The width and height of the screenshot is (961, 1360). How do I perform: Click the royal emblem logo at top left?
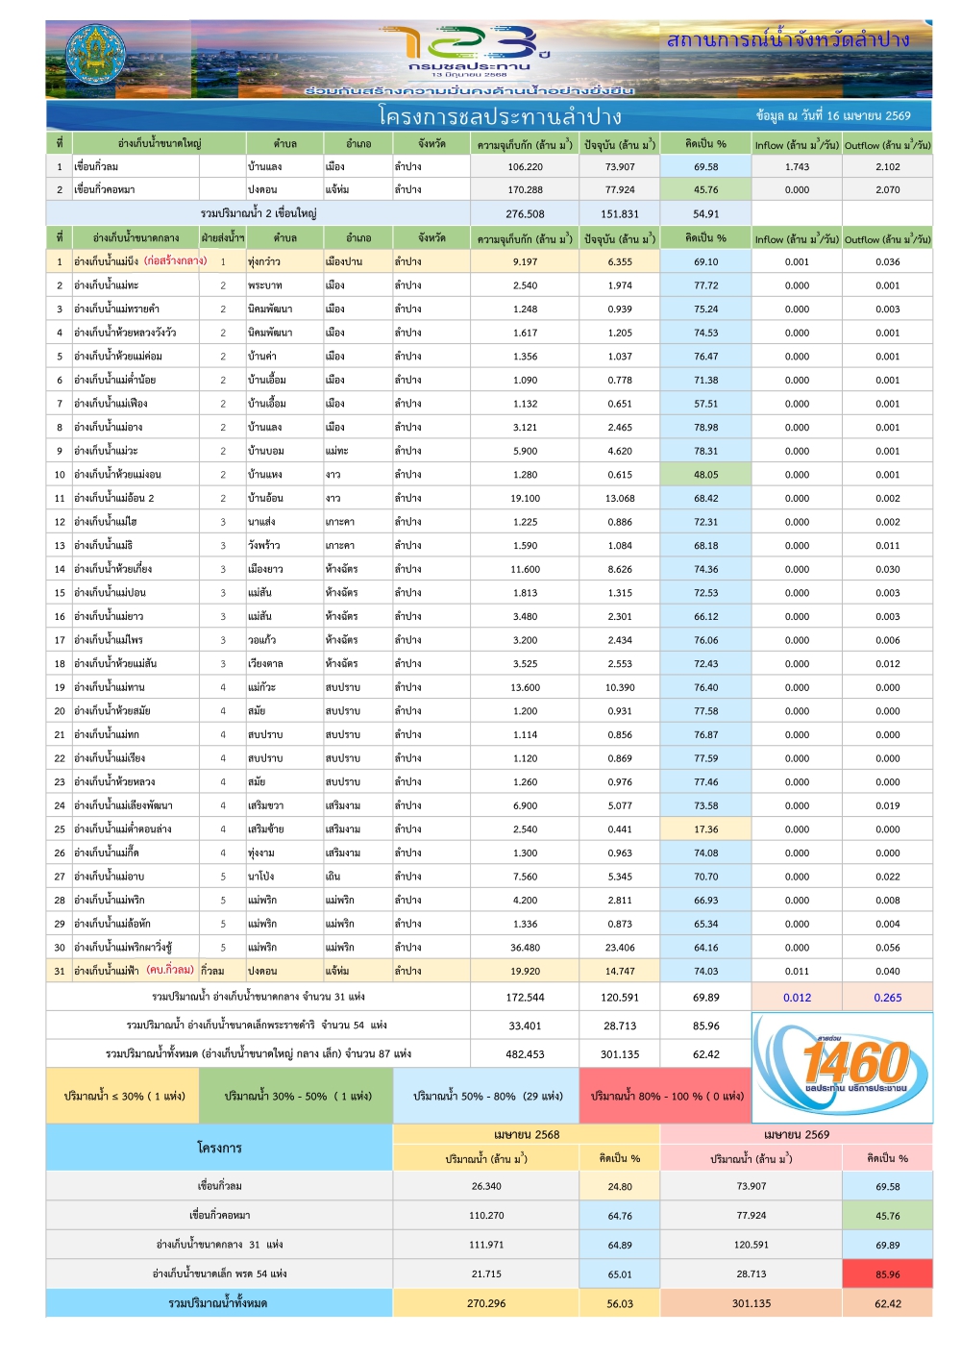(93, 58)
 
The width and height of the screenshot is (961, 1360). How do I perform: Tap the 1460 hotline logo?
(843, 1067)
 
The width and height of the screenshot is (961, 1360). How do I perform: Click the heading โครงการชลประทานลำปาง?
(500, 116)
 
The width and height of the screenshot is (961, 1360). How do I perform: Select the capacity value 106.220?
(525, 166)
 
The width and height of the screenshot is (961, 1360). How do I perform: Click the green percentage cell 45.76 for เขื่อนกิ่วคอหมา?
(705, 189)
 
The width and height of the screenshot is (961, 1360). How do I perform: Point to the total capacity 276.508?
(525, 213)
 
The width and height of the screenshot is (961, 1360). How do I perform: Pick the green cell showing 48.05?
(705, 474)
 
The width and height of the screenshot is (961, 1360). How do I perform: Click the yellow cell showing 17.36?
(705, 828)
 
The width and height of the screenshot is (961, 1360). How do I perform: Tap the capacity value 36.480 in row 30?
(525, 947)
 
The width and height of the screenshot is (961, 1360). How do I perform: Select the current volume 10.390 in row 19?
(620, 687)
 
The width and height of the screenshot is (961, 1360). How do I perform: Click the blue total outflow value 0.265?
(887, 997)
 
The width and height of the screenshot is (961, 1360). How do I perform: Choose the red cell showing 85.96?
(887, 1274)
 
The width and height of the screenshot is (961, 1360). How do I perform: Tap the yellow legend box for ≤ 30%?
(123, 1096)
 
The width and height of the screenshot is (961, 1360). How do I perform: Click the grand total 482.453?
(525, 1053)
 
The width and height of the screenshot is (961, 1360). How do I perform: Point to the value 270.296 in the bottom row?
(486, 1303)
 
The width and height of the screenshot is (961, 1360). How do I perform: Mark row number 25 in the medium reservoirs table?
(60, 828)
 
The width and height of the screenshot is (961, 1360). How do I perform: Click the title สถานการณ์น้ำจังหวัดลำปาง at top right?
(788, 39)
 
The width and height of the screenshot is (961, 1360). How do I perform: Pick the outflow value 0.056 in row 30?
(887, 947)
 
